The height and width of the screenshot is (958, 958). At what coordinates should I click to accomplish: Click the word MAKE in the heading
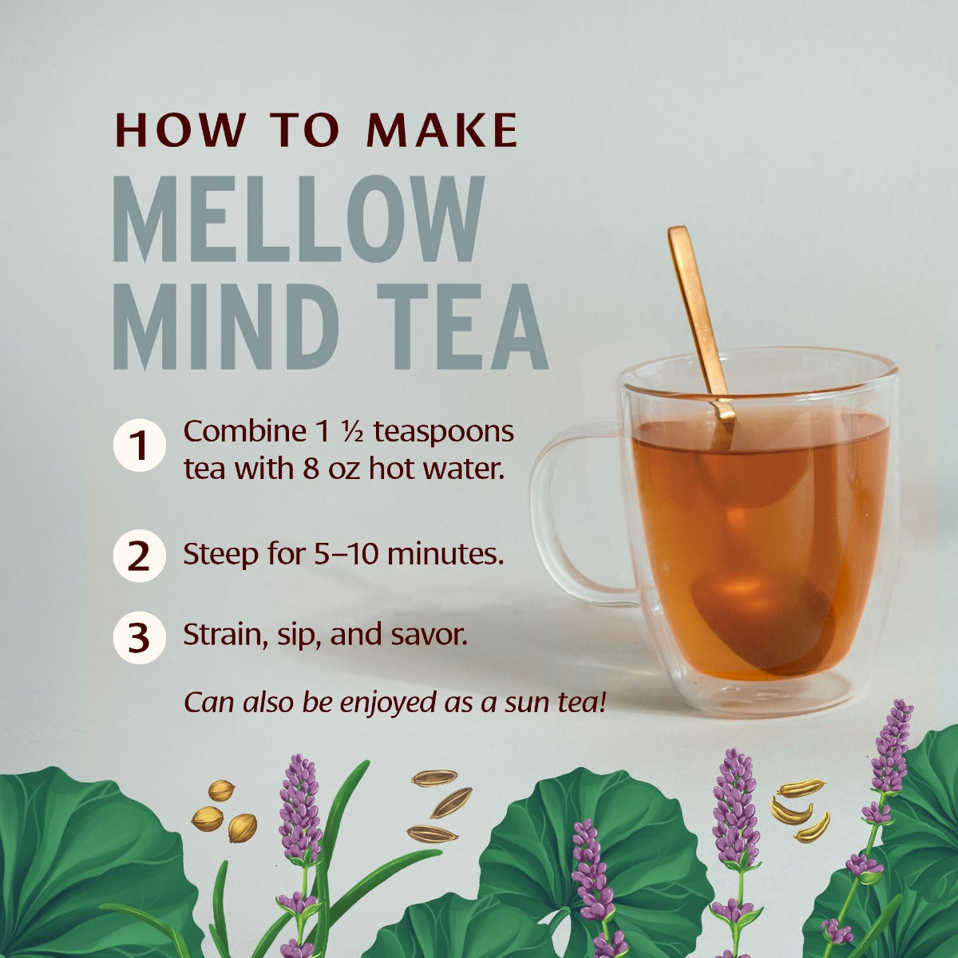[x=442, y=130]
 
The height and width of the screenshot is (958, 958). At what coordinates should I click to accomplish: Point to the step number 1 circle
[x=139, y=446]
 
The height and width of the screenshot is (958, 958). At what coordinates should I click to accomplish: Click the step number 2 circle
[x=139, y=556]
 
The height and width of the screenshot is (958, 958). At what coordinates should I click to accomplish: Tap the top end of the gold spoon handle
[x=679, y=235]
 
